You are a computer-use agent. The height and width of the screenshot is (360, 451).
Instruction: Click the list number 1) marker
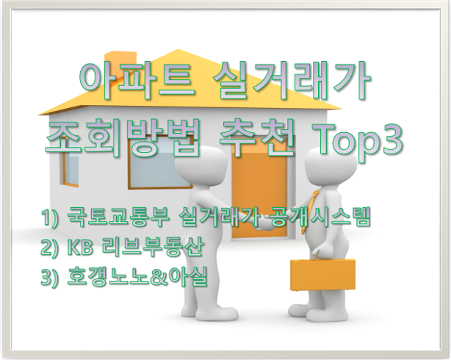tap(51, 217)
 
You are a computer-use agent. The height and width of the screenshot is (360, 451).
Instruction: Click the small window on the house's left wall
tap(70, 165)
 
